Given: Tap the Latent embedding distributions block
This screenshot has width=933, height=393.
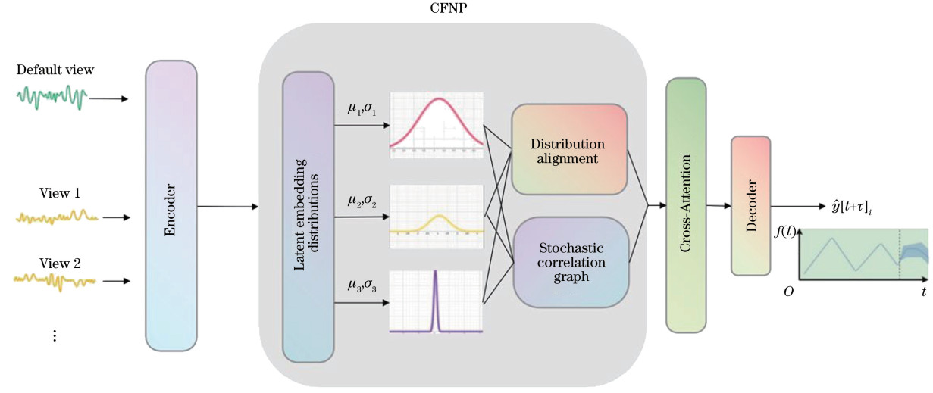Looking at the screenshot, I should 308,217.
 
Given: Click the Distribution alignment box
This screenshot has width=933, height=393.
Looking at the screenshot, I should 568,149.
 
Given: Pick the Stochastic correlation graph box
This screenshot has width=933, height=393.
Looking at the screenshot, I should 571,261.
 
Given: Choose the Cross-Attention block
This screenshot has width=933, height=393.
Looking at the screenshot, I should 685,204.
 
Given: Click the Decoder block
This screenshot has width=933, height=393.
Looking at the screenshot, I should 750,205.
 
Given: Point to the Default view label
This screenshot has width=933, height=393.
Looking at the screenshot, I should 55,70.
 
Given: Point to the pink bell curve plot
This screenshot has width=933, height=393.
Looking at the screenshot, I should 436,125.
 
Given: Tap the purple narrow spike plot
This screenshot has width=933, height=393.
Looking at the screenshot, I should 436,301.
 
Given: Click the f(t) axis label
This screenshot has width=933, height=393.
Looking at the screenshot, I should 784,233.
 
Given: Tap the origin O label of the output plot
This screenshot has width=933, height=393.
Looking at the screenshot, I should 788,292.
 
